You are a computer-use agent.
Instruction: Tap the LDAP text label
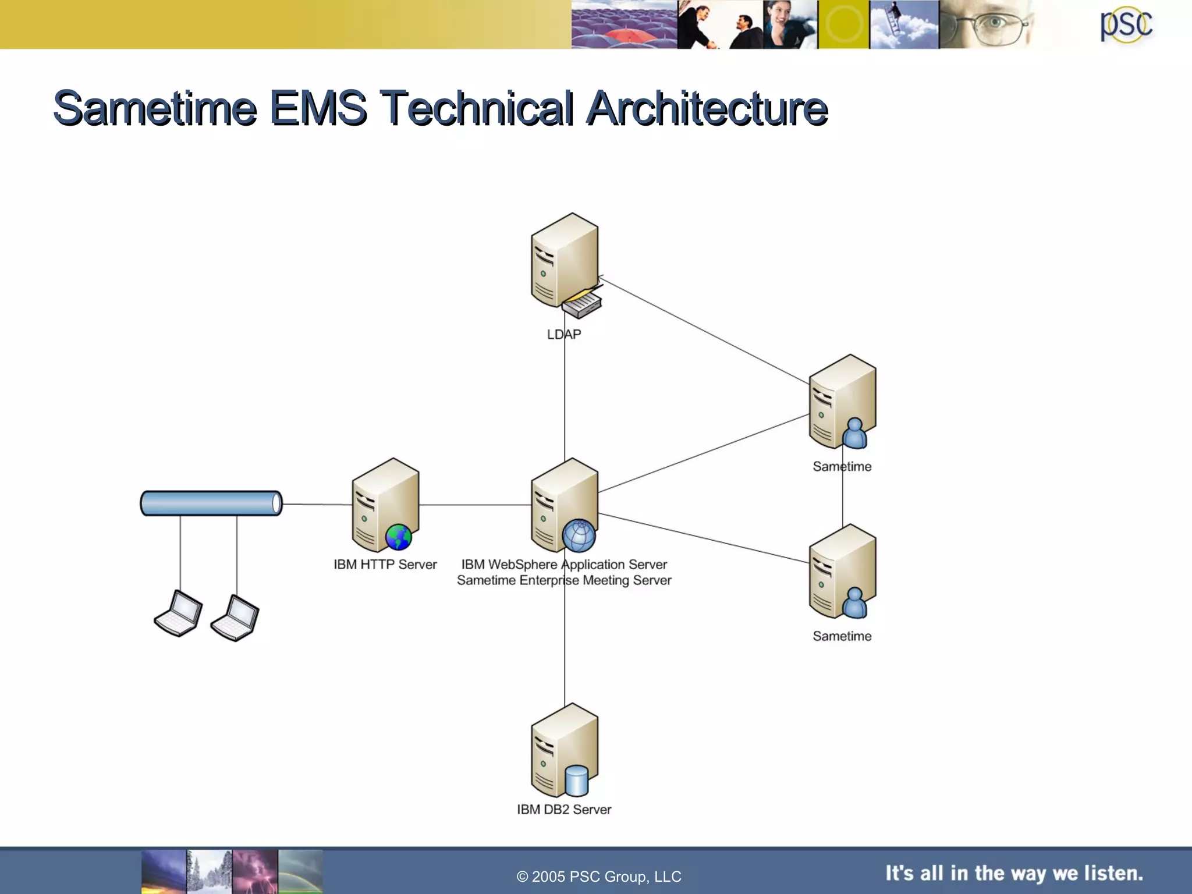563,334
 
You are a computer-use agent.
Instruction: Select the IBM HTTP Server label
385,564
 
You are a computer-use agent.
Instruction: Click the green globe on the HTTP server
399,537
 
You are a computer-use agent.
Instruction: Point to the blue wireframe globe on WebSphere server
579,535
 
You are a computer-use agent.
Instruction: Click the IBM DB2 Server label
563,809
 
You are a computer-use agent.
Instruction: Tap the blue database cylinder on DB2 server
576,781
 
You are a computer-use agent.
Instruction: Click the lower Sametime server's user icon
854,603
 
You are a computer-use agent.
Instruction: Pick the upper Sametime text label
842,466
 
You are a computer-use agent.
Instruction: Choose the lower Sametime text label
842,636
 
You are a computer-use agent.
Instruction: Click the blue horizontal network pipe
211,503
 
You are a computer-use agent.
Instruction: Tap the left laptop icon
179,613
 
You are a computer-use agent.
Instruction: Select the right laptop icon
235,618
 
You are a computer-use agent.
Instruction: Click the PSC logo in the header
1126,26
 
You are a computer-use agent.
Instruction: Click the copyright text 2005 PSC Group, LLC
599,877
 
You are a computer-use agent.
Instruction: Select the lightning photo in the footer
255,871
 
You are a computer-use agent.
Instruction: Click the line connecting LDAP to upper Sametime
704,331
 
